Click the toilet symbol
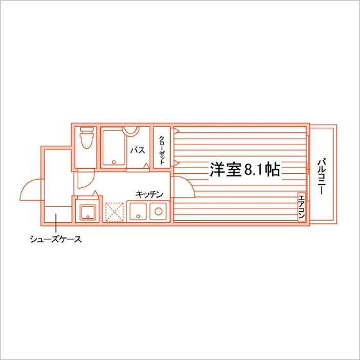click(x=87, y=138)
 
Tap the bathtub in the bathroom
click(x=114, y=148)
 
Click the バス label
click(x=138, y=150)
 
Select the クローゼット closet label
click(x=162, y=150)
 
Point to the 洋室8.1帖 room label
click(x=244, y=169)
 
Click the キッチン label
click(x=150, y=194)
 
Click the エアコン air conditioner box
click(x=302, y=207)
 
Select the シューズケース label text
click(x=56, y=239)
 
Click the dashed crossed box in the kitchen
click(x=114, y=212)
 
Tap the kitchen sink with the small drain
click(x=138, y=212)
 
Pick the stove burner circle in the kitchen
click(x=159, y=211)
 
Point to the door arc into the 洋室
click(x=188, y=183)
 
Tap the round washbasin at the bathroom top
click(x=131, y=132)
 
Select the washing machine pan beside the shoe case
click(x=87, y=213)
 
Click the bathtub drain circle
click(x=114, y=162)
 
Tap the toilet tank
click(x=87, y=130)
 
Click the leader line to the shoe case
click(x=56, y=223)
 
